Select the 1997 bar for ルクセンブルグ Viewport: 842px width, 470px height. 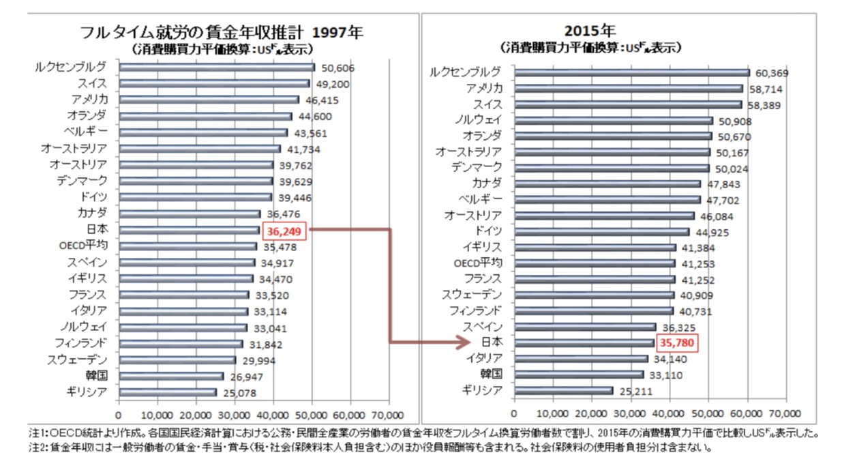coord(217,67)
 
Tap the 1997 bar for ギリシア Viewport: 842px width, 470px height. coord(168,392)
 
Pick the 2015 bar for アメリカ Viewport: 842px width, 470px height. coord(629,89)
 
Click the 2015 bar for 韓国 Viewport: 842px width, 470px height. coord(579,374)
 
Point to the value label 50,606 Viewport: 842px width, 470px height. coord(335,68)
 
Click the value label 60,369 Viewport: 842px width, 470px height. coord(771,73)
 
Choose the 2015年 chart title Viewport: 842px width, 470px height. coord(590,31)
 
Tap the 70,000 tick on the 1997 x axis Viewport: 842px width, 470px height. coord(388,415)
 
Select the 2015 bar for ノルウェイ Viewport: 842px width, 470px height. coord(614,121)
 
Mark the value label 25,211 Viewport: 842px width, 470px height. coord(635,392)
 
